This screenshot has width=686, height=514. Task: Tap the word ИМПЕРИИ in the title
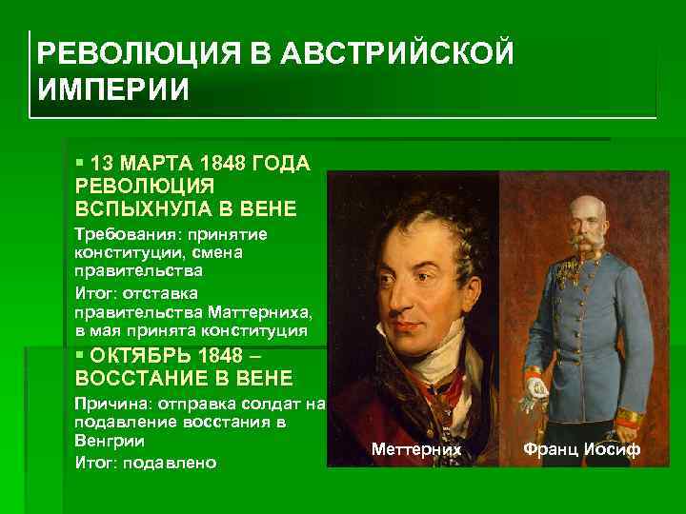pos(114,90)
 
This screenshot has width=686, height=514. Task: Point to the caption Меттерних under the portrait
pos(416,447)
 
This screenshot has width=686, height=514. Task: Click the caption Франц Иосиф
pos(580,447)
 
